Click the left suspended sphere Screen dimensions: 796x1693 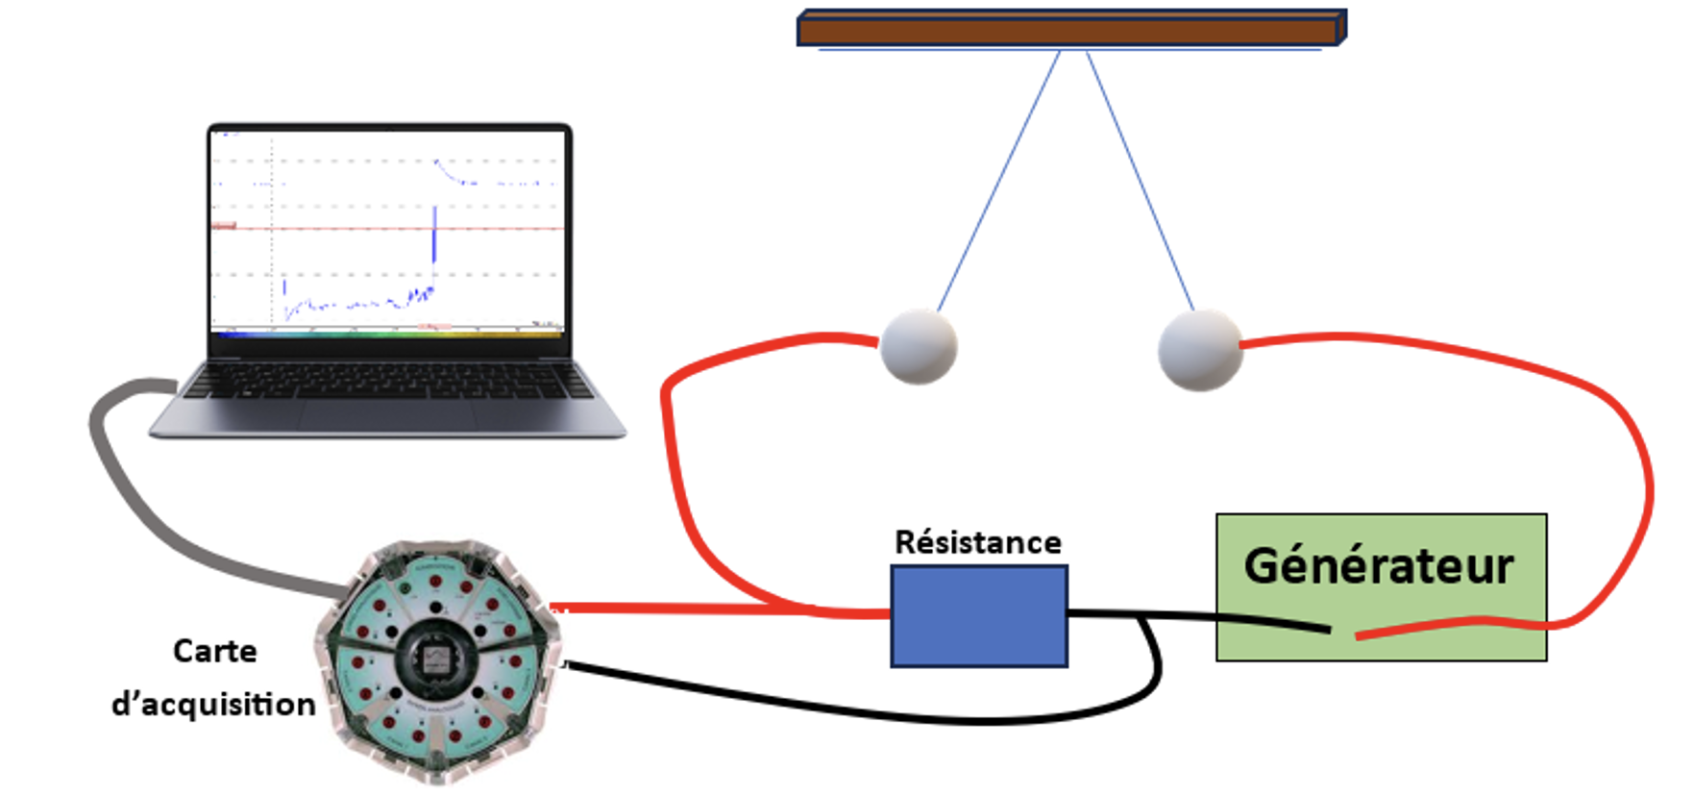(919, 346)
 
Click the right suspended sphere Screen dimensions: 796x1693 (1199, 350)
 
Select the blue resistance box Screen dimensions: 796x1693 (978, 615)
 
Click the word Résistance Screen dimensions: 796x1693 (977, 542)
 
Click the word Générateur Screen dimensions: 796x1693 (1379, 565)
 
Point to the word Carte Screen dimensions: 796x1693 (214, 651)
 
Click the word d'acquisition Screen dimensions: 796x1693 (213, 704)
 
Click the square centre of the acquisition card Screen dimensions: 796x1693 (438, 659)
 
